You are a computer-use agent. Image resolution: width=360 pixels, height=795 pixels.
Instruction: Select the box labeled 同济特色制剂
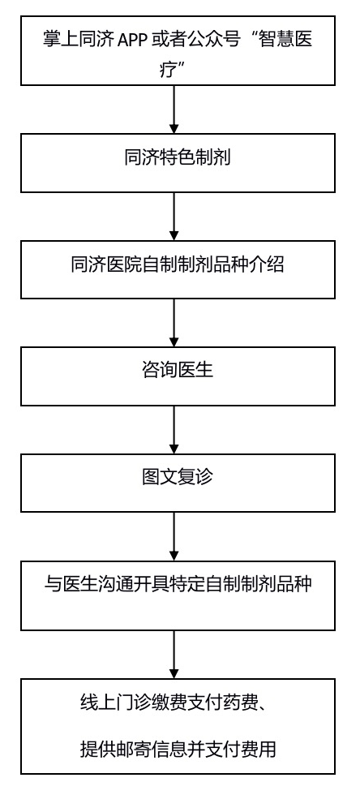178,163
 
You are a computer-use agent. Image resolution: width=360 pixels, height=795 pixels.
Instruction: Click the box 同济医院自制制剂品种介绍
178,269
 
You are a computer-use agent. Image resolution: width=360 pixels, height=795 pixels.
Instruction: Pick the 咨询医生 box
178,376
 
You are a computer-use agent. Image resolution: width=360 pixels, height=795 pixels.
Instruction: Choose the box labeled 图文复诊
178,483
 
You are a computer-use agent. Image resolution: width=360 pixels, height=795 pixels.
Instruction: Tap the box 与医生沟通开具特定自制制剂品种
178,595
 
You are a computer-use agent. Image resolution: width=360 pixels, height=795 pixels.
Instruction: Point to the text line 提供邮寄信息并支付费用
178,748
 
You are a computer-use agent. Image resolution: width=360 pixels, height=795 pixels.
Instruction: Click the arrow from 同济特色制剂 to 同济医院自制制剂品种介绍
174,217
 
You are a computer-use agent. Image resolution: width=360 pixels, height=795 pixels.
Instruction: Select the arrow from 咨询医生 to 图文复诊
174,430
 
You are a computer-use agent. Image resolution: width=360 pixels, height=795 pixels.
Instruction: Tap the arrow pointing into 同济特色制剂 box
174,110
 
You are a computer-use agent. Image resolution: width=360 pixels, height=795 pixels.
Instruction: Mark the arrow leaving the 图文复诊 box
174,536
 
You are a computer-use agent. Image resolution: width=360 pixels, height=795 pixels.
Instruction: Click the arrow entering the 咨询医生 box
174,323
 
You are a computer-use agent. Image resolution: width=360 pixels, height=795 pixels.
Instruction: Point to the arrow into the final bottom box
174,655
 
